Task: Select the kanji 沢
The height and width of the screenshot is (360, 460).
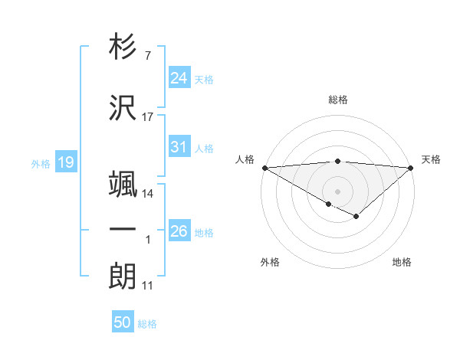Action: [123, 107]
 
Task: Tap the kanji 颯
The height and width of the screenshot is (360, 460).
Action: [123, 183]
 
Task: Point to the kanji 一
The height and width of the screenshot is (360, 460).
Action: [123, 229]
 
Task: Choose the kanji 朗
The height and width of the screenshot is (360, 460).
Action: [123, 277]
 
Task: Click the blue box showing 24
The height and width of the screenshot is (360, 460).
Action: [179, 77]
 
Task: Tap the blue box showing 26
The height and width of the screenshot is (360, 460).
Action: [179, 231]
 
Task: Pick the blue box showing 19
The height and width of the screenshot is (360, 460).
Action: [65, 162]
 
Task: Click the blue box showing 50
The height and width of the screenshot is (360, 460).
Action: [123, 322]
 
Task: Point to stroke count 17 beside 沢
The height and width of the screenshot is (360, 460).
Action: [148, 117]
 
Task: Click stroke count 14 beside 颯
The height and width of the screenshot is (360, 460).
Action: [148, 194]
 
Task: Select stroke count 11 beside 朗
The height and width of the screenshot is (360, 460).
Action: [148, 286]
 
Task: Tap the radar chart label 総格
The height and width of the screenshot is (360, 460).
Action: [338, 100]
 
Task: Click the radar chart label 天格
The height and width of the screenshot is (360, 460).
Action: [432, 159]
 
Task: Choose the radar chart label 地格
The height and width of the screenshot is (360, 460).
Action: [402, 262]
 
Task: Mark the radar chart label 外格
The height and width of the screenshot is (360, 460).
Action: [270, 262]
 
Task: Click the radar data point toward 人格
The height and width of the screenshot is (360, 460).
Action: [264, 167]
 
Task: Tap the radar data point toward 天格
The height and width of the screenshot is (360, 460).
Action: [412, 167]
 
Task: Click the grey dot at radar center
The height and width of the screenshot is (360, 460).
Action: [338, 191]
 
